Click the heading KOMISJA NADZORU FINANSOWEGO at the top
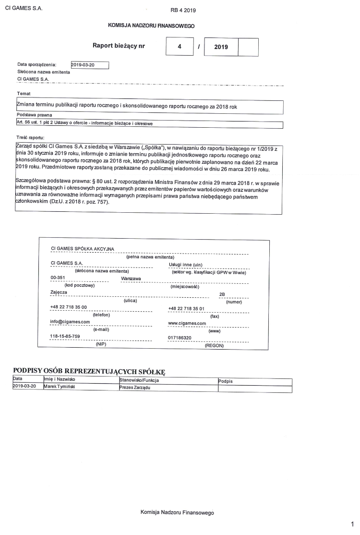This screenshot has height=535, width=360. (151, 25)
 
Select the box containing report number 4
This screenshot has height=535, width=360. (180, 47)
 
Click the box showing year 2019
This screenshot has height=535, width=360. (221, 47)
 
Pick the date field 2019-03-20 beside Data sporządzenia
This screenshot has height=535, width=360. (89, 65)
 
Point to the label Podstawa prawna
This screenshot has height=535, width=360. (34, 115)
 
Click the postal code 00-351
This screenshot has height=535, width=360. (58, 278)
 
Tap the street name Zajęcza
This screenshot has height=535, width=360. (59, 292)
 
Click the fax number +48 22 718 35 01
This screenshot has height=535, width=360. (186, 308)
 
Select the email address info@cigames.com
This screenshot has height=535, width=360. (70, 321)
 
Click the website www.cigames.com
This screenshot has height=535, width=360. (187, 323)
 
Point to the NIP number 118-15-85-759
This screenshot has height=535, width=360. (66, 336)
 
